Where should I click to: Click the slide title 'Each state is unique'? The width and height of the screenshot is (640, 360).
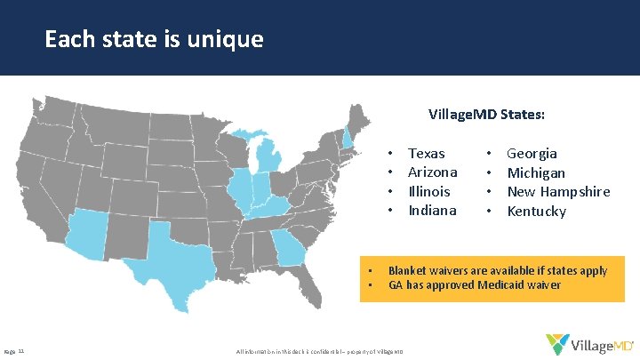[x=154, y=40]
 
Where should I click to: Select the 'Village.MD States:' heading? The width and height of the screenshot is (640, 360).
[x=486, y=116]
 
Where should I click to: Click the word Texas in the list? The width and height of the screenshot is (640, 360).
[x=426, y=154]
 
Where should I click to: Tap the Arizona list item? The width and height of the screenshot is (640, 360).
[x=432, y=172]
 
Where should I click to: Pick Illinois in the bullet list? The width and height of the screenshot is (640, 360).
[x=428, y=191]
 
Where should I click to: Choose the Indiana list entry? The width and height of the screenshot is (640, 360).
[x=431, y=211]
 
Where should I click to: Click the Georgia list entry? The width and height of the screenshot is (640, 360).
[x=532, y=154]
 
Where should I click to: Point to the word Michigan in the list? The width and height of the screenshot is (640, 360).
[x=536, y=172]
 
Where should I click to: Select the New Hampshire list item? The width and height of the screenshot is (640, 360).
[x=558, y=191]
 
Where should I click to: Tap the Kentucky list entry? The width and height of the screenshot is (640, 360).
[x=536, y=211]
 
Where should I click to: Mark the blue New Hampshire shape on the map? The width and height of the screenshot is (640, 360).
[x=348, y=139]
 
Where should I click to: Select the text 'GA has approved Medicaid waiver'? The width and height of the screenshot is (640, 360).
[x=475, y=285]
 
